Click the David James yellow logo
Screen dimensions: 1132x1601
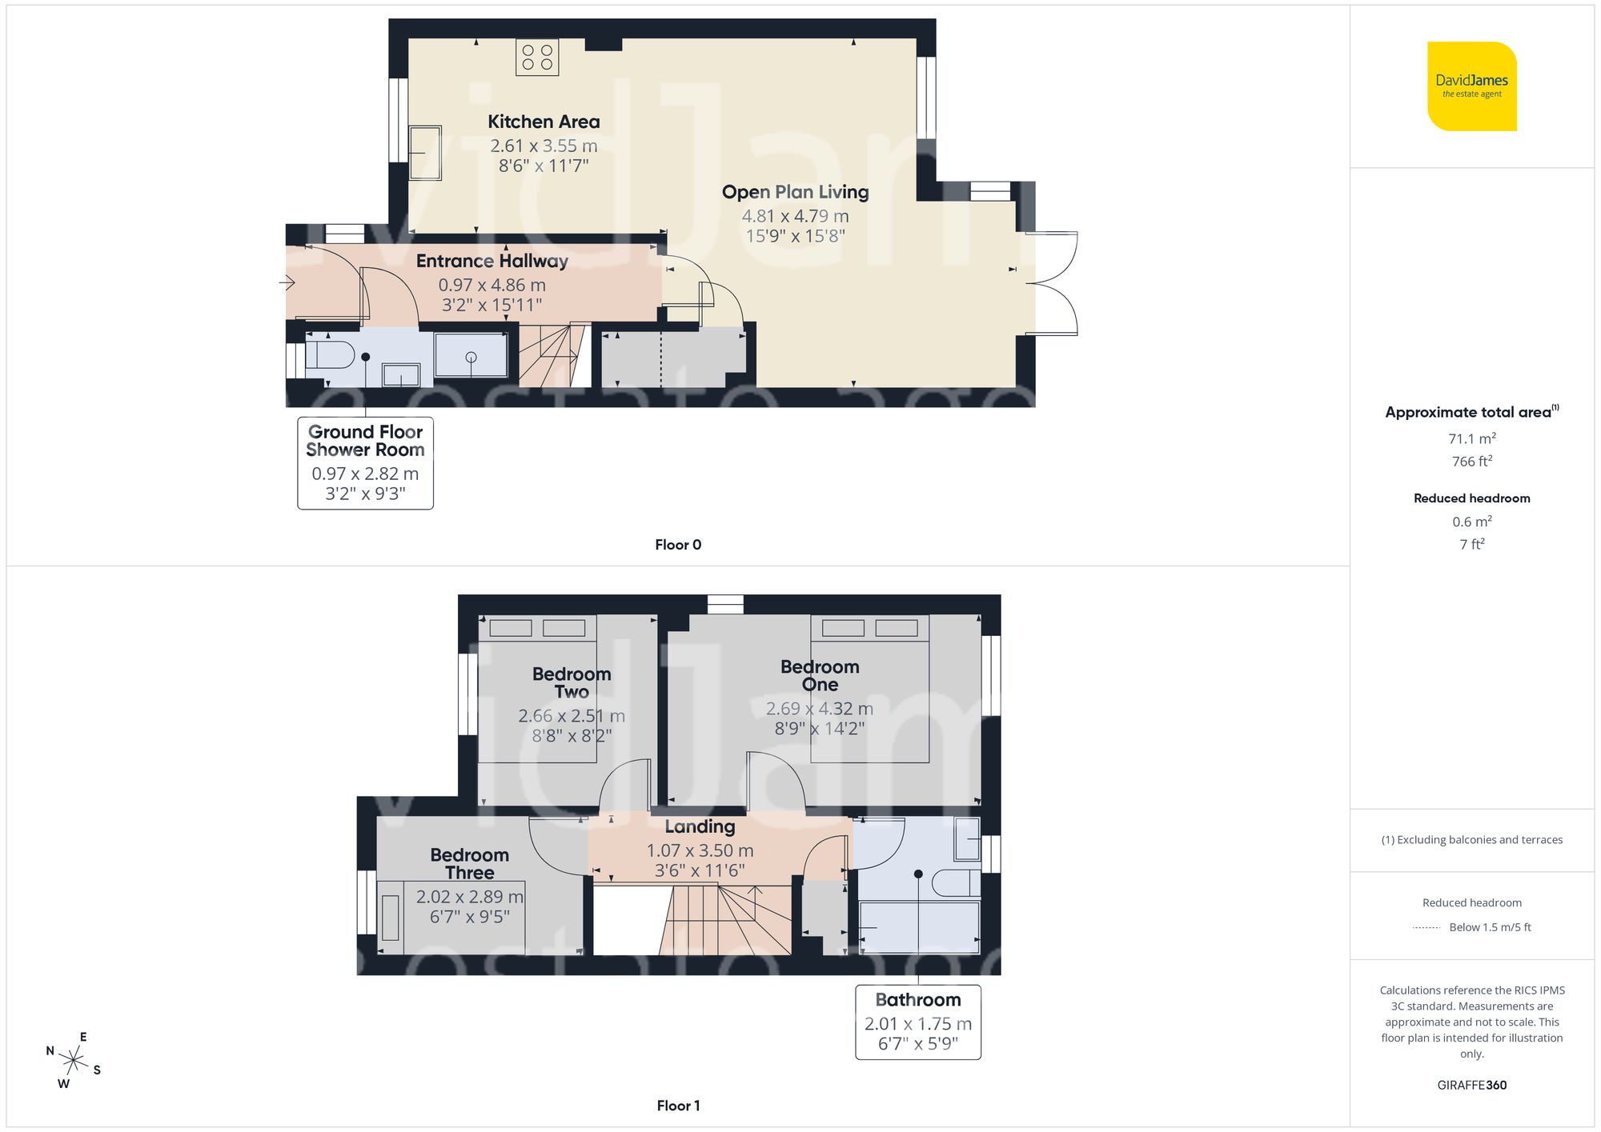[1471, 86]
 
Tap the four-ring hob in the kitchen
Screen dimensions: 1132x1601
[537, 57]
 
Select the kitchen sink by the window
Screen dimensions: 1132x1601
[425, 152]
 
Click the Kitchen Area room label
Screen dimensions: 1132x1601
[544, 122]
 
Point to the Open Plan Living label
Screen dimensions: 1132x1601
[795, 192]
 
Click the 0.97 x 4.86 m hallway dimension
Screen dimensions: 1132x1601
[492, 285]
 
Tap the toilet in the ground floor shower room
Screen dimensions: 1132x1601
[331, 354]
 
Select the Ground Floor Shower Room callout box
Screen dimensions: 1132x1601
[365, 462]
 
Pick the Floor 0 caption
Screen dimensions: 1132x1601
[677, 545]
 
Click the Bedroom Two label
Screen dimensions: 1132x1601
[571, 682]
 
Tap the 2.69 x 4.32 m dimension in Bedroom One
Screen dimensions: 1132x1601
[819, 709]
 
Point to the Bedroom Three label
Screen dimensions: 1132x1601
[469, 863]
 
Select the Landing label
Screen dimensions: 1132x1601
[700, 826]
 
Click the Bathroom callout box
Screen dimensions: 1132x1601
[917, 1022]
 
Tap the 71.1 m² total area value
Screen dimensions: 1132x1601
[1471, 438]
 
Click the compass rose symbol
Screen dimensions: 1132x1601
[74, 1061]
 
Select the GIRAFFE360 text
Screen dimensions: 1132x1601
[1471, 1085]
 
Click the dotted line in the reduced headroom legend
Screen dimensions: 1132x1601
[1426, 928]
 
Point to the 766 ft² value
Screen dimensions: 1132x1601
[1471, 462]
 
